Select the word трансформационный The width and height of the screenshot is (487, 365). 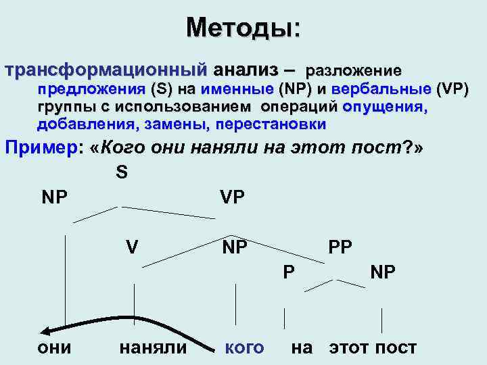[x=106, y=70]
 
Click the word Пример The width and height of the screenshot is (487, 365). [x=41, y=148]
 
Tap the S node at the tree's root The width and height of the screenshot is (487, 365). [x=122, y=173]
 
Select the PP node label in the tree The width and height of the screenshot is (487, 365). [x=340, y=247]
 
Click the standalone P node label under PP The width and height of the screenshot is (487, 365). [x=288, y=271]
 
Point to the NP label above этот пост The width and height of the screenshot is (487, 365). [x=383, y=271]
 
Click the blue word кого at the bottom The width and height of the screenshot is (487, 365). [x=244, y=347]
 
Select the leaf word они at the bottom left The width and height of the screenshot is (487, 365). [x=57, y=347]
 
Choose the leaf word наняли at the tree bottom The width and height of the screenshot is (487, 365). [x=152, y=347]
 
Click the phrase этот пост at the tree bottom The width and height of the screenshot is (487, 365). [x=373, y=347]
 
